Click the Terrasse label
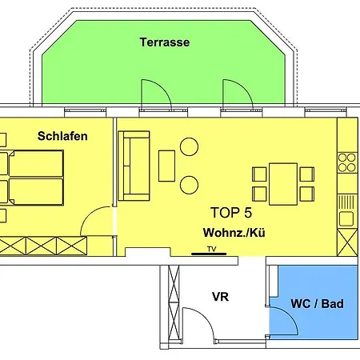click(164, 42)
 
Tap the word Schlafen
click(62, 136)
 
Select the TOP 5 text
click(231, 213)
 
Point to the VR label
click(221, 297)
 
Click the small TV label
click(212, 249)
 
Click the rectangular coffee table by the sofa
click(167, 166)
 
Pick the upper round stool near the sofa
click(190, 147)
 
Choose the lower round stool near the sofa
click(190, 185)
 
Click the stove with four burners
click(346, 162)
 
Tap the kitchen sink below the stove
click(346, 218)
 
